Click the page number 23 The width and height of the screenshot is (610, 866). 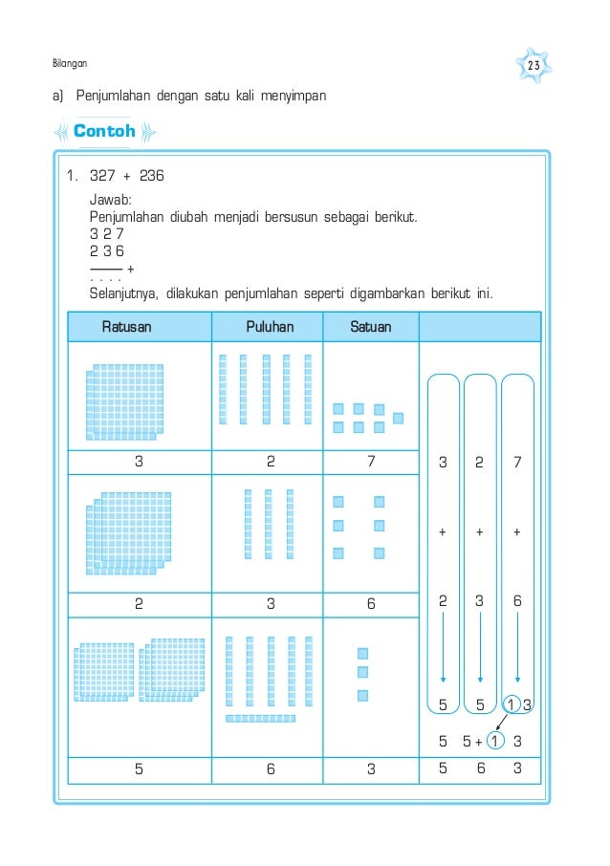534,65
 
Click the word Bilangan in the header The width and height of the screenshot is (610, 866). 69,64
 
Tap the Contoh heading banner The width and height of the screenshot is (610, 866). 104,132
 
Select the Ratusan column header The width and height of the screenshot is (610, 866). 127,327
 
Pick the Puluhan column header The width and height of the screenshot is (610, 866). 270,327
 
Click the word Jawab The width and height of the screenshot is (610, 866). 110,201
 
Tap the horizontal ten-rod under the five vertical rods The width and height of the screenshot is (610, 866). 261,718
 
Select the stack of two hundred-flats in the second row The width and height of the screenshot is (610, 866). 128,533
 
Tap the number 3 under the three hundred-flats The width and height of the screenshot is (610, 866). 141,461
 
